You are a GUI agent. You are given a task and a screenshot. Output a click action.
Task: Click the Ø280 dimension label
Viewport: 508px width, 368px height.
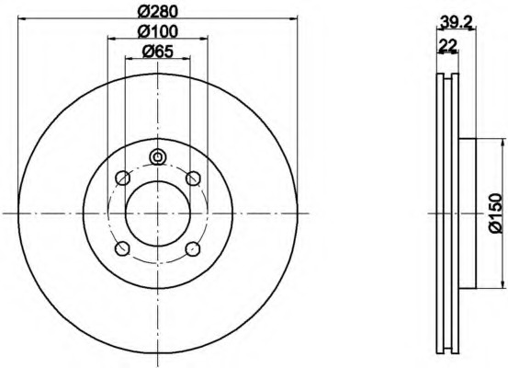pyautogui.click(x=158, y=12)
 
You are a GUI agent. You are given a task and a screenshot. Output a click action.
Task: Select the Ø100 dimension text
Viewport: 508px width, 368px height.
pyautogui.click(x=158, y=31)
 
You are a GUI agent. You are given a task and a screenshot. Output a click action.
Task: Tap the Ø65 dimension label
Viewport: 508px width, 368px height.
pyautogui.click(x=158, y=52)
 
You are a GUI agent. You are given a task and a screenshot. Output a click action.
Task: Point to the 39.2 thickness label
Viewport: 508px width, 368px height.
pyautogui.click(x=457, y=22)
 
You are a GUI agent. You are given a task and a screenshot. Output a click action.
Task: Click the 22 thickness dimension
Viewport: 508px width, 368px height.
pyautogui.click(x=447, y=45)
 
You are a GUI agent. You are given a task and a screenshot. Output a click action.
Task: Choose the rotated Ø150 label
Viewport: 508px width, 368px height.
pyautogui.click(x=495, y=213)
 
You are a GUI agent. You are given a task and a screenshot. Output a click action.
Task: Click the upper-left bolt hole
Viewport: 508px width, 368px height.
pyautogui.click(x=123, y=178)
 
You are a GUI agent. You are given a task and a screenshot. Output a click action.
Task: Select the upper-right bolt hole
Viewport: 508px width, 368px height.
pyautogui.click(x=193, y=178)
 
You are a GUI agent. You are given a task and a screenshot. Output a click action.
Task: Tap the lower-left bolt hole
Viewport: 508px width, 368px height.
pyautogui.click(x=123, y=248)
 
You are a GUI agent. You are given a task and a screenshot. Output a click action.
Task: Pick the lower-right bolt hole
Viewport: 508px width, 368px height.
pyautogui.click(x=193, y=248)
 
